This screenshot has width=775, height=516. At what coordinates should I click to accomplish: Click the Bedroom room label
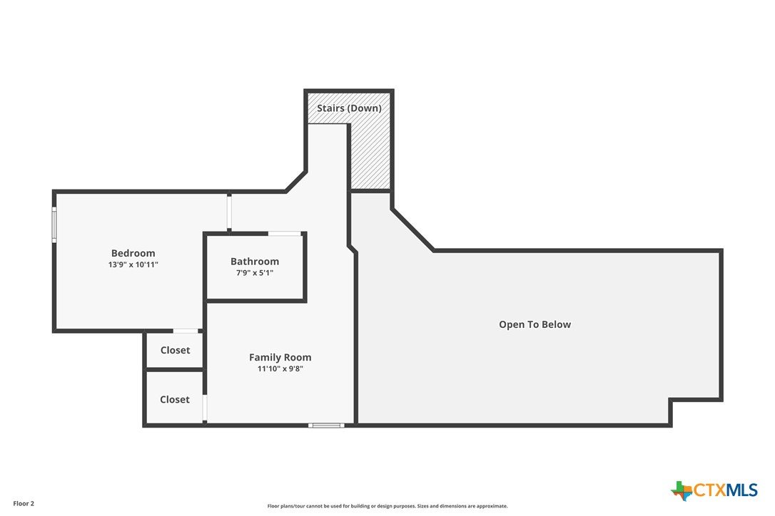(133, 253)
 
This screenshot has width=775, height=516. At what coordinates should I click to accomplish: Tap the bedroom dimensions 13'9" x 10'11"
(133, 264)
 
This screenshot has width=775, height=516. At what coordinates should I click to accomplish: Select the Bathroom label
(255, 262)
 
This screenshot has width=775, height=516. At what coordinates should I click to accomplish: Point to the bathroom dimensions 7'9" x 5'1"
(255, 273)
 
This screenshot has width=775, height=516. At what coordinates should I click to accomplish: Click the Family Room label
(280, 358)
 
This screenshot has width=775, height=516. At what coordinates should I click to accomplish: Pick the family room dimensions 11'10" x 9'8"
(280, 369)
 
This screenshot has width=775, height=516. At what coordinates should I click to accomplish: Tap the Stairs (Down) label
(349, 108)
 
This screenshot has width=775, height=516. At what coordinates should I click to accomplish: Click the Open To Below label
(535, 324)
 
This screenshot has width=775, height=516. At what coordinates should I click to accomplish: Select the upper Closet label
(175, 350)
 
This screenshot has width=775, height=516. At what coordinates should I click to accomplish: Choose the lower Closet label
(174, 399)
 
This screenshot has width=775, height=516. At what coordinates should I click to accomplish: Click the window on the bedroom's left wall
(54, 225)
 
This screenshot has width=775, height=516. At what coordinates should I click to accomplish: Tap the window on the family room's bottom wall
(326, 425)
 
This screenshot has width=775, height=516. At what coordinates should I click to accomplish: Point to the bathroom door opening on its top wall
(285, 233)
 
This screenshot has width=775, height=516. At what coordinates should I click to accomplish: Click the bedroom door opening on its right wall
(229, 212)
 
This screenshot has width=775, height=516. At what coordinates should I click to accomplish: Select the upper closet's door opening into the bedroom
(186, 331)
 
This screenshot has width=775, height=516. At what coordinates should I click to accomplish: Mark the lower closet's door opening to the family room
(205, 408)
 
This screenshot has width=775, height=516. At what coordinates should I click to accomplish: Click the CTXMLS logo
(714, 490)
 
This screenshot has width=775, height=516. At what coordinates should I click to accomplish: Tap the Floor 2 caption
(24, 504)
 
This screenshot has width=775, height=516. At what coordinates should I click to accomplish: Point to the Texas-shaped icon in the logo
(682, 491)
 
